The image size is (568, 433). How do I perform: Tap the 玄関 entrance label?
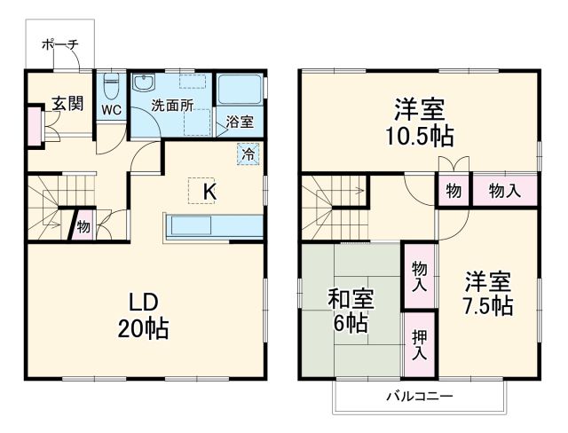coord(67,103)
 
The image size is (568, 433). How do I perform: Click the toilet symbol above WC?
coord(111,87)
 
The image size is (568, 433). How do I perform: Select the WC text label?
coord(111,111)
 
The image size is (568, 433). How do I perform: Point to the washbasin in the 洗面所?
coord(143,84)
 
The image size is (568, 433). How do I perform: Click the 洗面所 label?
coord(171,105)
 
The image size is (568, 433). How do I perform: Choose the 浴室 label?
coord(240,122)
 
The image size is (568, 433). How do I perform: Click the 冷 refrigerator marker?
coord(249,153)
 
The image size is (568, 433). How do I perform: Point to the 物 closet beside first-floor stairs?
coord(83,225)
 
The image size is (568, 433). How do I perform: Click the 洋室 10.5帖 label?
coord(419,122)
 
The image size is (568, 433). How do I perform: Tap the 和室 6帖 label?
coord(351,310)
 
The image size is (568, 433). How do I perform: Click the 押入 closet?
coord(419,343)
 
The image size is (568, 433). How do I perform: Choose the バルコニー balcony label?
coord(420,396)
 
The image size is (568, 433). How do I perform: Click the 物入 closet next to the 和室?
coord(419,276)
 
